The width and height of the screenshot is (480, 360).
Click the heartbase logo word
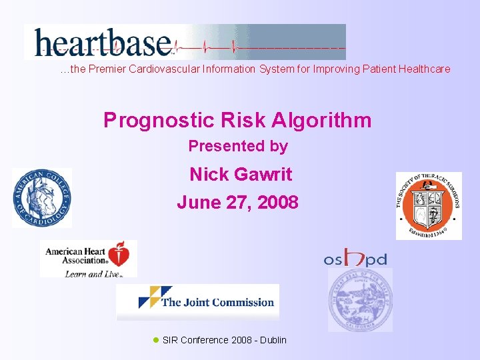click(x=103, y=41)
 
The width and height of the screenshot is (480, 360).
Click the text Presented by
click(x=238, y=146)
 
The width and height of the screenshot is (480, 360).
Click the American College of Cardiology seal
click(x=41, y=198)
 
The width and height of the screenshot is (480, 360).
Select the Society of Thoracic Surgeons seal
click(x=428, y=205)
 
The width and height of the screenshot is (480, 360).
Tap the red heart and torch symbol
click(x=120, y=255)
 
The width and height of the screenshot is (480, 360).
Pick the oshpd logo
click(x=355, y=259)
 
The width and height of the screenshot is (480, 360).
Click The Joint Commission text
click(x=217, y=303)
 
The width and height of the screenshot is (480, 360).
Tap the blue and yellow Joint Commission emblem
click(x=149, y=297)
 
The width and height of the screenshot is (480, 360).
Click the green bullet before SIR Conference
click(x=156, y=340)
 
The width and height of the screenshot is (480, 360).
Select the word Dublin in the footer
click(x=273, y=340)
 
